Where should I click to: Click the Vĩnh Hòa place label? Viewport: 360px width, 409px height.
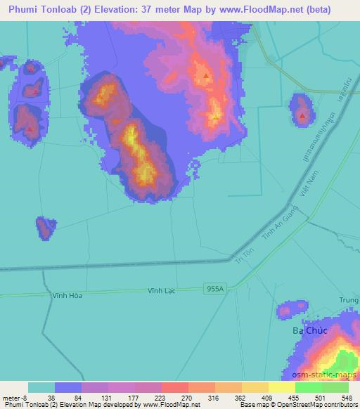(67, 296)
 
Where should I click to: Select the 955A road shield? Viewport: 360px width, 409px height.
(216, 288)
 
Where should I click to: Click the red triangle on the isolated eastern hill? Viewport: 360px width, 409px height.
(302, 115)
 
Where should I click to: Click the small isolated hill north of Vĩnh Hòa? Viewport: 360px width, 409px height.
(46, 228)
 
